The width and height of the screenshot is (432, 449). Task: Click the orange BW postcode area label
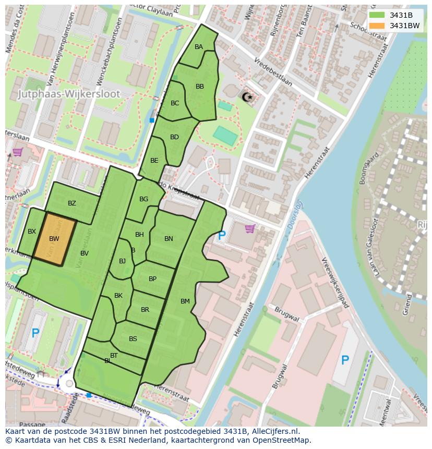click(x=54, y=239)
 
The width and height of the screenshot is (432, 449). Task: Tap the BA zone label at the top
click(x=199, y=47)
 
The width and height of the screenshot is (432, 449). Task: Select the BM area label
click(x=185, y=301)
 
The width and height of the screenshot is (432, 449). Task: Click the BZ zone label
click(x=72, y=203)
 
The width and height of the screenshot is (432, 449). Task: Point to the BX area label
click(x=32, y=232)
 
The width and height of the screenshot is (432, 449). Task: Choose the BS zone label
click(x=133, y=339)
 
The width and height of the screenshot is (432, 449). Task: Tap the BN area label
click(x=169, y=239)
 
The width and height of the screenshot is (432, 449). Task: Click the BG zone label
click(x=144, y=199)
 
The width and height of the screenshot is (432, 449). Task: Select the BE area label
click(x=154, y=161)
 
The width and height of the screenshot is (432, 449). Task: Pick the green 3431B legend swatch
click(x=376, y=15)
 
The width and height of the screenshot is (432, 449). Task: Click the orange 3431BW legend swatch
click(x=376, y=25)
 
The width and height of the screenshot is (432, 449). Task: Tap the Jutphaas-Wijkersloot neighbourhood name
click(x=69, y=94)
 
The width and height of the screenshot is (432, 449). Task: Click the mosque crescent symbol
click(x=246, y=96)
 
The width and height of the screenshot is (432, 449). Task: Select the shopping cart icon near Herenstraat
click(x=250, y=228)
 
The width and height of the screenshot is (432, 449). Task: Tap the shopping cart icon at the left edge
click(x=17, y=152)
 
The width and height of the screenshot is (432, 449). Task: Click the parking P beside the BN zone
click(x=222, y=236)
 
